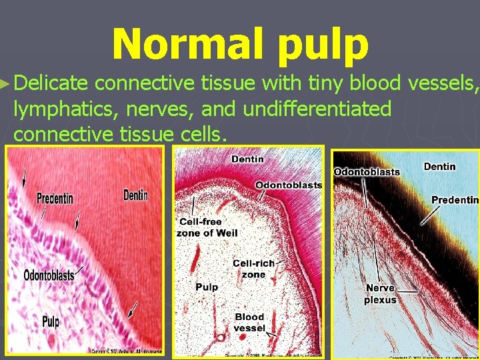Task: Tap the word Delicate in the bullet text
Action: pyautogui.click(x=51, y=83)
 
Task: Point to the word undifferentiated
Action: pyautogui.click(x=317, y=108)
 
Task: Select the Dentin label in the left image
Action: pyautogui.click(x=135, y=195)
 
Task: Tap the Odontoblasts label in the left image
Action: pyautogui.click(x=49, y=275)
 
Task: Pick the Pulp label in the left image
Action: pyautogui.click(x=51, y=322)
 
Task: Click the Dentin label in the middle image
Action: pyautogui.click(x=247, y=159)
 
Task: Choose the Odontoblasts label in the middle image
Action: pyautogui.click(x=289, y=185)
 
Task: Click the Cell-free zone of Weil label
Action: pyautogui.click(x=207, y=227)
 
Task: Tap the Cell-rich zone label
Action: pyautogui.click(x=253, y=269)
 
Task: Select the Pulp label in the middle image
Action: pyautogui.click(x=207, y=287)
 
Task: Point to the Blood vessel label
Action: pyautogui.click(x=249, y=322)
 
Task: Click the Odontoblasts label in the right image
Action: pyautogui.click(x=367, y=171)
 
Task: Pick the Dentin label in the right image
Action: pyautogui.click(x=439, y=166)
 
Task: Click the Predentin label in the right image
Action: pyautogui.click(x=455, y=200)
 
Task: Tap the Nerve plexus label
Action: pyautogui.click(x=380, y=294)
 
